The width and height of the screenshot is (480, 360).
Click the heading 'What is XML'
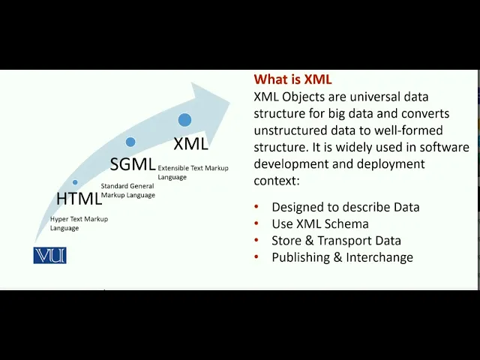pyautogui.click(x=292, y=79)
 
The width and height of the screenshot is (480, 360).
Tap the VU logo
pyautogui.click(x=50, y=255)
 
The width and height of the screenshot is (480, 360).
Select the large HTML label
pyautogui.click(x=79, y=198)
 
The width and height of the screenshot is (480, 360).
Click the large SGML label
pyautogui.click(x=133, y=164)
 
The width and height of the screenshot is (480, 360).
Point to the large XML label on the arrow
pyautogui.click(x=190, y=143)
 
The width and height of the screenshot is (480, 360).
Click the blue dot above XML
pyautogui.click(x=184, y=120)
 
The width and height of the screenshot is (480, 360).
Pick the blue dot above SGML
pyautogui.click(x=130, y=142)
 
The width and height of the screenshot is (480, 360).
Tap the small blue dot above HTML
pyautogui.click(x=75, y=182)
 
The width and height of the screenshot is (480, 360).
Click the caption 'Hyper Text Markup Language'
pyautogui.click(x=79, y=223)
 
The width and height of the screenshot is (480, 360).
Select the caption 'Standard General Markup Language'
pyautogui.click(x=128, y=190)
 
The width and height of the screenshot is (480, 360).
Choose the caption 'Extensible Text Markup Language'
pyautogui.click(x=193, y=172)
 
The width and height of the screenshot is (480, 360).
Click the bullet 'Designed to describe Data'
pyautogui.click(x=346, y=207)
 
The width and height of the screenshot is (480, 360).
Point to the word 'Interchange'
pyautogui.click(x=379, y=257)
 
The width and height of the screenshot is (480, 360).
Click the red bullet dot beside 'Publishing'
pyautogui.click(x=256, y=256)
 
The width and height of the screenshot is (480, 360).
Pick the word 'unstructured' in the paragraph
pyautogui.click(x=290, y=130)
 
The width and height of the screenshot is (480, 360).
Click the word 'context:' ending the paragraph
pyautogui.click(x=277, y=181)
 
